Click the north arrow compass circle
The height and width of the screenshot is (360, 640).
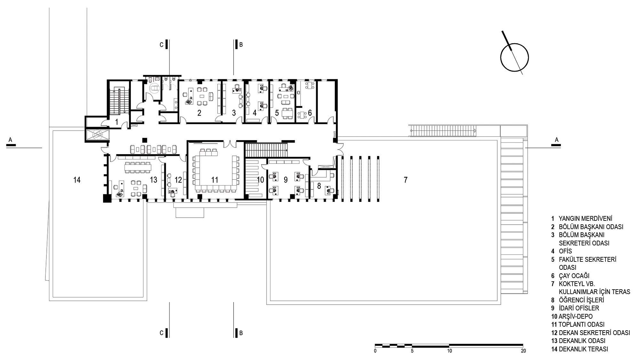(x=501, y=58)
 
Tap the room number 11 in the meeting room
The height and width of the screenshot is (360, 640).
(x=215, y=180)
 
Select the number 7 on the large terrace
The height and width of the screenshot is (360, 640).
(x=405, y=180)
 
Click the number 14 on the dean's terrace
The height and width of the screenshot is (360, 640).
(x=77, y=180)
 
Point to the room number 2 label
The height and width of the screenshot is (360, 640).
(x=199, y=113)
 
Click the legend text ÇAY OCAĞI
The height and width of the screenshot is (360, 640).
(x=574, y=276)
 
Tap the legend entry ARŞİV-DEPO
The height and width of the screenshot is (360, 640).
(x=576, y=316)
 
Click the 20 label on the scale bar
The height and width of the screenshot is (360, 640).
(x=523, y=351)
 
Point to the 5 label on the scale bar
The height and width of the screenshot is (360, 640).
(x=412, y=351)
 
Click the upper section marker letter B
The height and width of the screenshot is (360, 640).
(x=241, y=45)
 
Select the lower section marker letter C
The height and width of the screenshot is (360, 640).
(x=162, y=333)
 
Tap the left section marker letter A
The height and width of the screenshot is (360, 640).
(x=10, y=140)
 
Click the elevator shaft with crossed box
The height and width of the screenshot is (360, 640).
(x=97, y=134)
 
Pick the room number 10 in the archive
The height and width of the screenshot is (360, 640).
(x=260, y=180)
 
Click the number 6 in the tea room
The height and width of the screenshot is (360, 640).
(x=310, y=113)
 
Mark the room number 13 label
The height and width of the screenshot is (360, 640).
(x=154, y=180)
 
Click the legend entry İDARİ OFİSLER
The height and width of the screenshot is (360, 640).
(x=579, y=308)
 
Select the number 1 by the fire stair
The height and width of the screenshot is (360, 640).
(x=117, y=122)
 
